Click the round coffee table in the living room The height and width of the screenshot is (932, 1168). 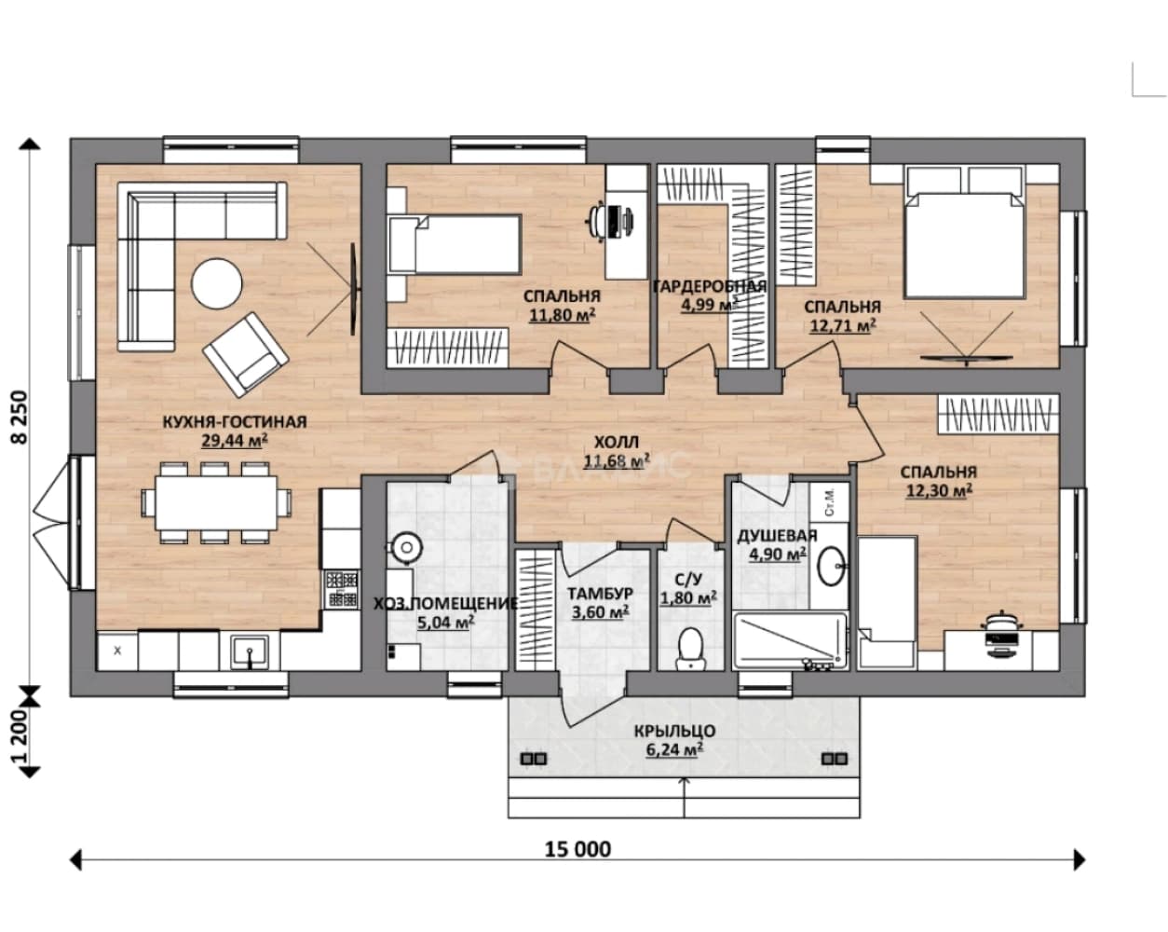[217, 284]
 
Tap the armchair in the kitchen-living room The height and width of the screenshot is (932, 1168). [245, 353]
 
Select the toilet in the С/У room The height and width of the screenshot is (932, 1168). [690, 649]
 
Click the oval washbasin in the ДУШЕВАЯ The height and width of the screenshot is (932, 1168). [831, 566]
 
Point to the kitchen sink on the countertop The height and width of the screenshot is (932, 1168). [250, 651]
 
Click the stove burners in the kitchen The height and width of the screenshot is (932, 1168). [342, 588]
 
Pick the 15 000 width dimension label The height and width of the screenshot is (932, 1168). [577, 849]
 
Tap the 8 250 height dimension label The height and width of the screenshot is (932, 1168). [20, 418]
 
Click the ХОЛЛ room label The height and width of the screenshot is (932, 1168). [616, 442]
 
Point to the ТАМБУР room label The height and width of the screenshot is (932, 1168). [600, 593]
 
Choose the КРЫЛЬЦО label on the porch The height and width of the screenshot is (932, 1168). [674, 731]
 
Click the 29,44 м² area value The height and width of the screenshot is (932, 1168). [235, 440]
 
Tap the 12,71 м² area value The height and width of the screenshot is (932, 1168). [843, 325]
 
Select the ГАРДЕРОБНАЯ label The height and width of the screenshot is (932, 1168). [710, 286]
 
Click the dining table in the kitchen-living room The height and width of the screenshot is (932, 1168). [216, 502]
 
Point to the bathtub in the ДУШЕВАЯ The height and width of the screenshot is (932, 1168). [790, 641]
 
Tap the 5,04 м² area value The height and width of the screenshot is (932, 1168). [445, 622]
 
